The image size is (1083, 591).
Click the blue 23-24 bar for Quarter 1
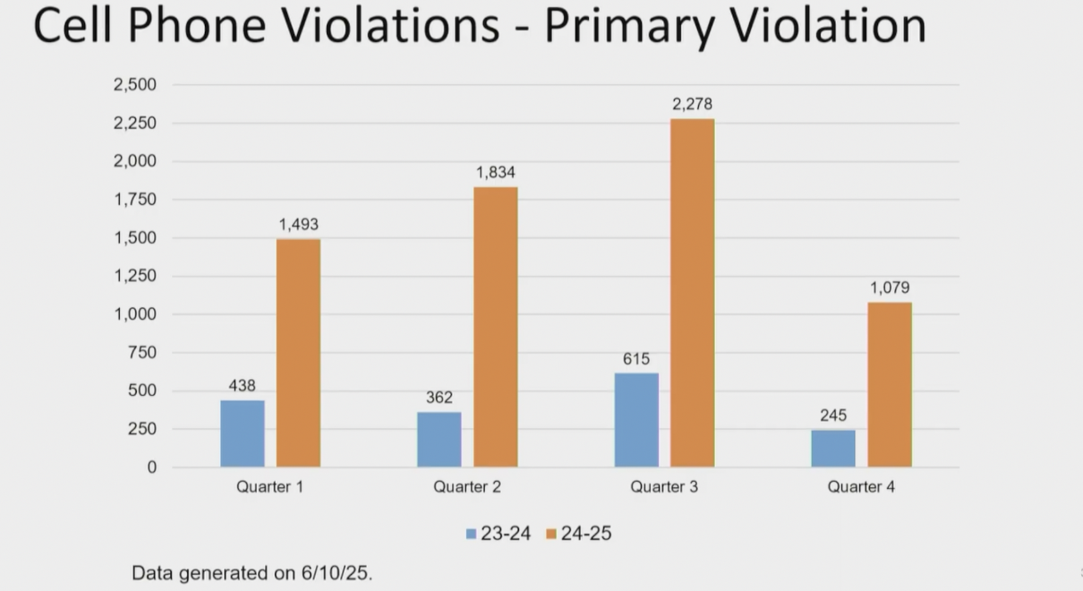[243, 433]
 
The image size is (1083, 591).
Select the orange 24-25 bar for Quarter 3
[693, 293]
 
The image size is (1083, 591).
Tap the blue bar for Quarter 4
[833, 449]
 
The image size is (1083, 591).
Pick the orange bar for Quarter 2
[496, 327]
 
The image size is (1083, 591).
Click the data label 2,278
[693, 105]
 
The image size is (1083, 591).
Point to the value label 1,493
[298, 225]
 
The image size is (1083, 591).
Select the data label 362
[439, 398]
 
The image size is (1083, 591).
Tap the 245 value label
[833, 415]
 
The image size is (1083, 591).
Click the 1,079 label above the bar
[890, 288]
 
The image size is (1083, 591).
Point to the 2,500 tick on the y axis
[135, 85]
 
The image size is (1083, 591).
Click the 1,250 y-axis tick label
[135, 277]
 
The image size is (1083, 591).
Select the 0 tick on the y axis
[151, 467]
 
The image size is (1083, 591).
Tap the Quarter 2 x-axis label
[467, 488]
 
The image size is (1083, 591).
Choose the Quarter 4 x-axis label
[861, 488]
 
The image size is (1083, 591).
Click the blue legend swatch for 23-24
[471, 535]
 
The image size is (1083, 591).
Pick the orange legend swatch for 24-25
[551, 535]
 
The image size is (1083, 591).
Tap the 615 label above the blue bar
[636, 359]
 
